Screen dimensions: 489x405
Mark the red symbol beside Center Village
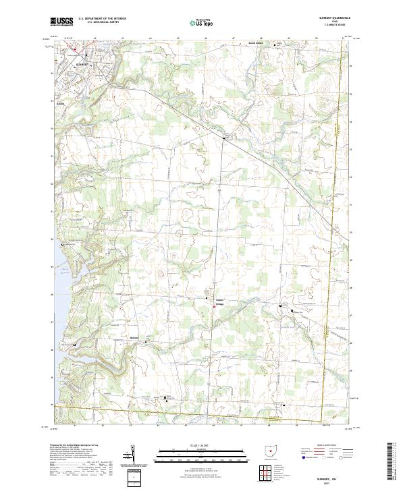pyautogui.click(x=215, y=306)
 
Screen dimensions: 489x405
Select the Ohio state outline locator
pyautogui.click(x=272, y=453)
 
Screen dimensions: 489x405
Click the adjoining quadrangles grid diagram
pyautogui.click(x=266, y=474)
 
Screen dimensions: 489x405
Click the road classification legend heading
pyautogui.click(x=330, y=447)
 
